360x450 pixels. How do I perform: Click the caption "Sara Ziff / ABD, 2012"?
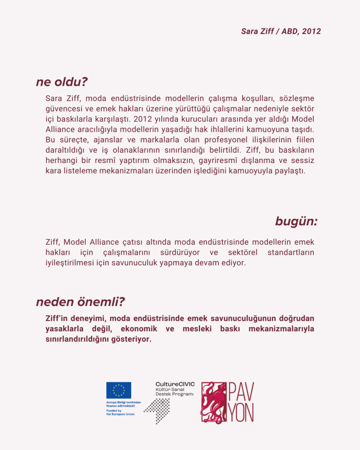coord(281,32)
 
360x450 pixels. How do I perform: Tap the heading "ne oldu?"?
coord(62,82)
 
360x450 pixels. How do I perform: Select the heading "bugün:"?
coord(296,221)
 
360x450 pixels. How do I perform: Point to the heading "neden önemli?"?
coord(80,302)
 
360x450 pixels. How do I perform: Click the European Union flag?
coord(119,390)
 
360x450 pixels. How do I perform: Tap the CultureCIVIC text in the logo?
coord(175,384)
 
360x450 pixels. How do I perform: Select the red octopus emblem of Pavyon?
coord(215,402)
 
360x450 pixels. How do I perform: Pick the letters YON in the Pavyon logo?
coord(241,413)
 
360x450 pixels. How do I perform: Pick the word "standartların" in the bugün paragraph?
coord(291,253)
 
